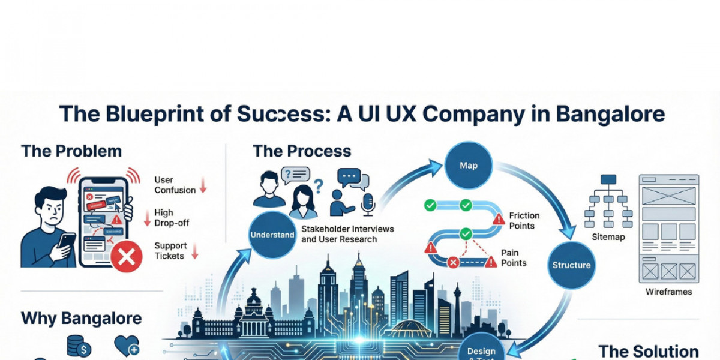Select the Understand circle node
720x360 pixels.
pyautogui.click(x=272, y=235)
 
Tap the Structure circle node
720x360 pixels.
pyautogui.click(x=571, y=265)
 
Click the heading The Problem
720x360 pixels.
pyautogui.click(x=71, y=151)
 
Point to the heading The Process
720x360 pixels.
pyautogui.click(x=302, y=151)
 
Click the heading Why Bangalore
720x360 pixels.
pyautogui.click(x=82, y=318)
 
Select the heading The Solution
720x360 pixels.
pyautogui.click(x=648, y=351)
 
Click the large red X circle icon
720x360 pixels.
pyautogui.click(x=127, y=258)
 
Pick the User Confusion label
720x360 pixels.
pyautogui.click(x=175, y=185)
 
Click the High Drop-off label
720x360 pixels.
pyautogui.click(x=172, y=217)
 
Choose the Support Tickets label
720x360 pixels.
pyautogui.click(x=170, y=251)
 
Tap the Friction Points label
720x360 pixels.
pyautogui.click(x=524, y=220)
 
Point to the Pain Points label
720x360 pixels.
pyautogui.click(x=514, y=257)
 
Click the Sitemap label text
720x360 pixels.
pyautogui.click(x=608, y=237)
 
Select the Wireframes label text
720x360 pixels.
pyautogui.click(x=668, y=292)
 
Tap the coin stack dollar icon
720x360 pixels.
pyautogui.click(x=79, y=347)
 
